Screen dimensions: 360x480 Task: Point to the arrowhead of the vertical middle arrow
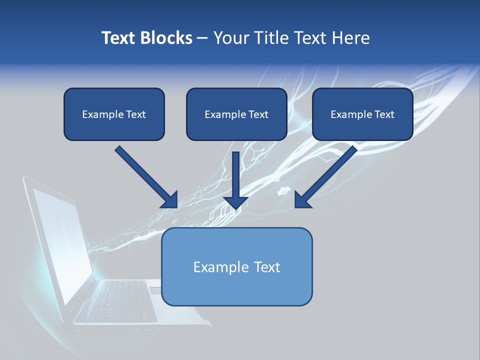coord(235,202)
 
